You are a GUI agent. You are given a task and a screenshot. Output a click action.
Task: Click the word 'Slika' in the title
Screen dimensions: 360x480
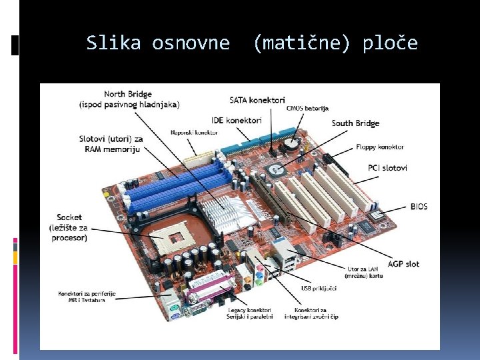point(113,43)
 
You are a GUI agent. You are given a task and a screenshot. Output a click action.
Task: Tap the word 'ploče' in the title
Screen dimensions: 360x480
point(390,43)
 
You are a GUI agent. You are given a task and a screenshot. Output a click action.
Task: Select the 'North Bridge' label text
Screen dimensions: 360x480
point(128,94)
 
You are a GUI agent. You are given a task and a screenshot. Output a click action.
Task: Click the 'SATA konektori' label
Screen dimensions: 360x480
point(257,100)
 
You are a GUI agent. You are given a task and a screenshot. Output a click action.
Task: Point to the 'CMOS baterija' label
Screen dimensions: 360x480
point(303,108)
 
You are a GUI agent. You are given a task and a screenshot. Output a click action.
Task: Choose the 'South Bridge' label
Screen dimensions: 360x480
point(355,123)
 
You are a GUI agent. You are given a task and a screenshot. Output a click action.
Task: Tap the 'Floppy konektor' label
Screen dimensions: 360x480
point(381,147)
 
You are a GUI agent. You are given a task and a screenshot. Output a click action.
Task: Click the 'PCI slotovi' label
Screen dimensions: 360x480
point(387,168)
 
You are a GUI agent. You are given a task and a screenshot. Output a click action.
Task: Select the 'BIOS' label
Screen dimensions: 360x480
point(419,207)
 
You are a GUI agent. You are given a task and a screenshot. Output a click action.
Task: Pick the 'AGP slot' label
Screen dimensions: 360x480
point(403,264)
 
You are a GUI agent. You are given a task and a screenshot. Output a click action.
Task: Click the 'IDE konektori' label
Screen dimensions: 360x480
point(236,120)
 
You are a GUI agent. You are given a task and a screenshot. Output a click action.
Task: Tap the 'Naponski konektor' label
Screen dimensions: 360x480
point(194,133)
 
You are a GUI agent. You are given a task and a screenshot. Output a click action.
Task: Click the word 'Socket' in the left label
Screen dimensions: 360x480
point(69,217)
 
